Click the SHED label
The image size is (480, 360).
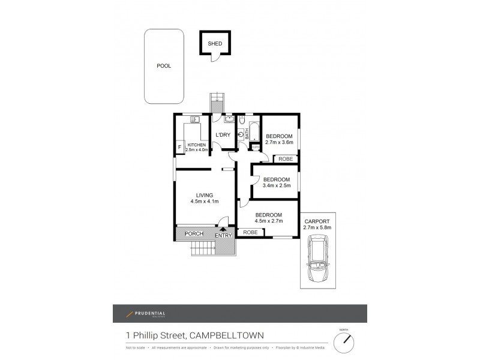(214, 44)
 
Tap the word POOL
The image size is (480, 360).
(163, 66)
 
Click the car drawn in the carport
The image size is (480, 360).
(317, 258)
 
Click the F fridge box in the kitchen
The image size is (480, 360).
(179, 146)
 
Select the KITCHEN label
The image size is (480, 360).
(196, 145)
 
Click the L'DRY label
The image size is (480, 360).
(223, 134)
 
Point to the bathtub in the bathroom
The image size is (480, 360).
(254, 132)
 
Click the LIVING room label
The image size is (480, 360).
(204, 194)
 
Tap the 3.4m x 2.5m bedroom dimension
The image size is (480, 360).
(276, 185)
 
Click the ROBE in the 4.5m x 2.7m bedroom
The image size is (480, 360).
(251, 232)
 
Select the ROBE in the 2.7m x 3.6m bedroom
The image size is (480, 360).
(286, 159)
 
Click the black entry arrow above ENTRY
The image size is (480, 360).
(223, 229)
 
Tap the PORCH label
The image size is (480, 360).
(193, 233)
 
